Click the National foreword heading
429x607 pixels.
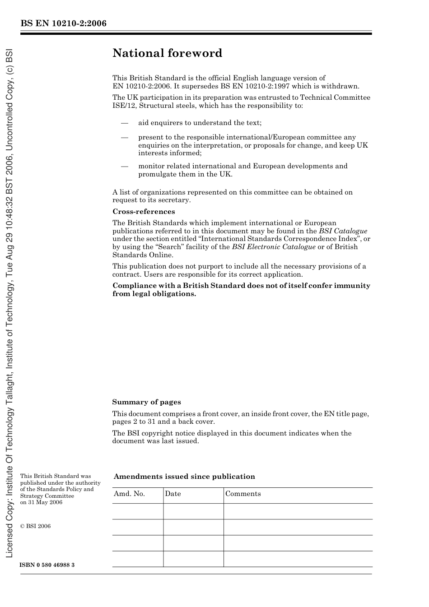[x=167, y=53]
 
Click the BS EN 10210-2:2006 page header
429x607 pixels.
[x=63, y=23]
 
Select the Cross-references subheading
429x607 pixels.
[x=144, y=212]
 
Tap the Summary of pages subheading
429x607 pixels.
[x=146, y=402]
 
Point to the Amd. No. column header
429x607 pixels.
[x=129, y=494]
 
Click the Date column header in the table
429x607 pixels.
[x=173, y=494]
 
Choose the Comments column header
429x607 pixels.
[x=243, y=494]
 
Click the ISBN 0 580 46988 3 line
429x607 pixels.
[x=47, y=565]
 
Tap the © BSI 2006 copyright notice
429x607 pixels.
[x=36, y=526]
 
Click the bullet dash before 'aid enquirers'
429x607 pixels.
[x=125, y=123]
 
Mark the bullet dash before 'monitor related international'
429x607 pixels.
[x=125, y=167]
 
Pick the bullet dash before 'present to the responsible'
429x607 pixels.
[x=125, y=138]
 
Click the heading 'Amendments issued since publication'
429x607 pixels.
[x=184, y=477]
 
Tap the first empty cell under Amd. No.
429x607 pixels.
[x=137, y=511]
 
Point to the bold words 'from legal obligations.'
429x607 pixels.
[x=154, y=294]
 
